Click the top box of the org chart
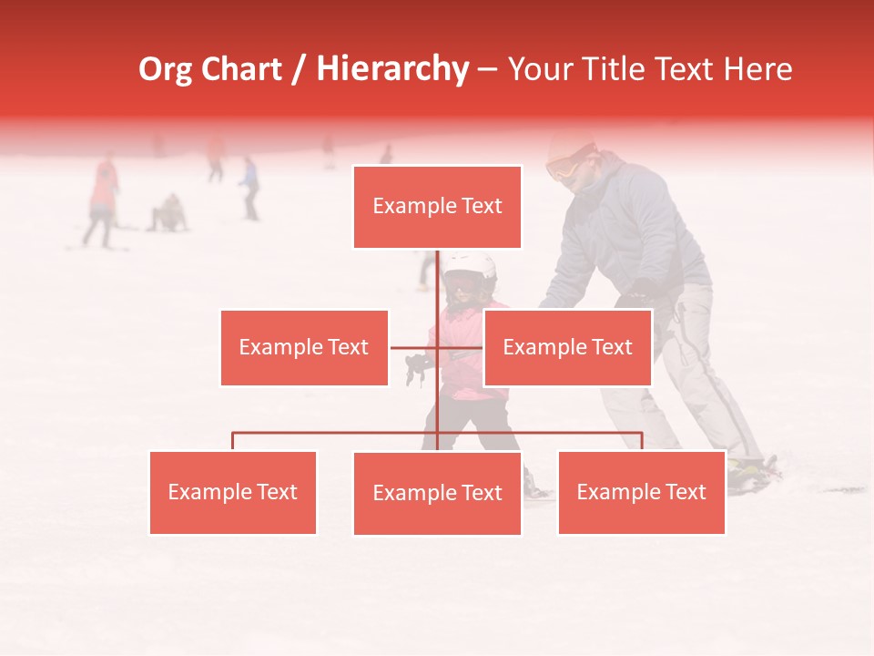click(x=437, y=207)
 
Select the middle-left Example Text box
click(x=304, y=347)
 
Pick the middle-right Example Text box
click(x=567, y=347)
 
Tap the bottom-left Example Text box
click(x=233, y=493)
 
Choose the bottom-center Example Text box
click(x=437, y=494)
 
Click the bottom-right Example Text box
click(x=641, y=493)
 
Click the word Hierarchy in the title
click(x=391, y=69)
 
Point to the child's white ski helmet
click(x=469, y=266)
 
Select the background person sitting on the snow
click(x=168, y=214)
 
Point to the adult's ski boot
click(x=752, y=474)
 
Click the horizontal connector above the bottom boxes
click(x=337, y=433)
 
